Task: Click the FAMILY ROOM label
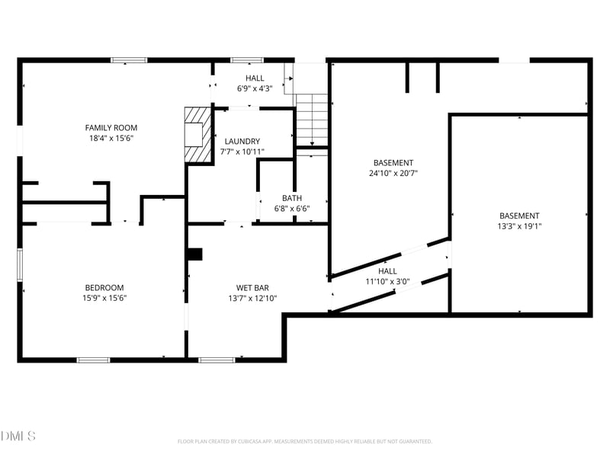pos(111,128)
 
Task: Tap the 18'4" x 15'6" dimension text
pos(111,139)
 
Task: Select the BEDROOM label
pos(104,287)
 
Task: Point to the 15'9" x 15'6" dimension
pos(104,298)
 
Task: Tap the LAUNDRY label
pos(242,141)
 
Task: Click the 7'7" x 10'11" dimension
pos(242,152)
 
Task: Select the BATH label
pos(291,198)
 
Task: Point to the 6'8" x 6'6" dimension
pos(291,209)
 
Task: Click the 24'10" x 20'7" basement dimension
pos(393,173)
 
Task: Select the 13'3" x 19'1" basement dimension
pos(519,226)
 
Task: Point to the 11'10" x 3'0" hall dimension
pos(387,281)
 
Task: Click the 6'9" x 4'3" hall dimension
pos(255,88)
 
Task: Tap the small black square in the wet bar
pos(195,254)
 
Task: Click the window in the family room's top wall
pos(129,60)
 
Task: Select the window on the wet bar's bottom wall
pos(217,360)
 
